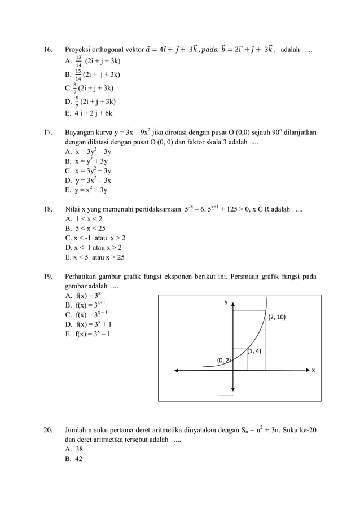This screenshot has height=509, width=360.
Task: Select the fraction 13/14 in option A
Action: [x=78, y=62]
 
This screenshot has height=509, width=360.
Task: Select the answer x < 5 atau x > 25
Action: [x=95, y=257]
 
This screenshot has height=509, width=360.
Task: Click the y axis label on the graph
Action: [x=226, y=302]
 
